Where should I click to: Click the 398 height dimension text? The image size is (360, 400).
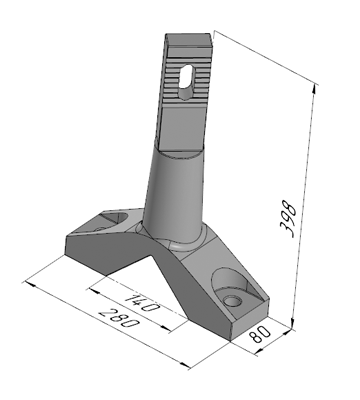(x=288, y=219)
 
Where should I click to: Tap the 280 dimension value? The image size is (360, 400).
(x=119, y=318)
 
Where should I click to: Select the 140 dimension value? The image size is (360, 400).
(x=141, y=303)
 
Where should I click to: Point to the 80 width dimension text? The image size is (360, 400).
(x=260, y=334)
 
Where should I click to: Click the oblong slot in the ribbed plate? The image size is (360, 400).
(x=187, y=81)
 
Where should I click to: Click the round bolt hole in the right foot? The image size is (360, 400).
(x=233, y=301)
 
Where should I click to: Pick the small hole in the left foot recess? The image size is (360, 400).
(x=99, y=229)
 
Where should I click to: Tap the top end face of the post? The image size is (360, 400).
(x=189, y=39)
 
